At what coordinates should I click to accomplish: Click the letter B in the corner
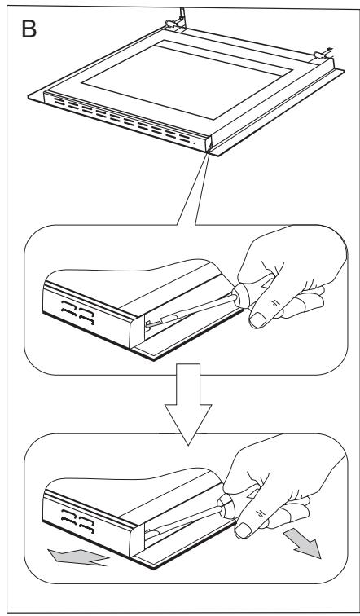29,29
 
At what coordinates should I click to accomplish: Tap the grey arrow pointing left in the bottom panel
77,557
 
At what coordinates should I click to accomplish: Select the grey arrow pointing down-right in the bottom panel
302,543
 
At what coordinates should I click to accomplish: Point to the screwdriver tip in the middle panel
147,324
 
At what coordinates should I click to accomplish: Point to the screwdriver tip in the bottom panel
148,533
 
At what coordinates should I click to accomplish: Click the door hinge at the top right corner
323,54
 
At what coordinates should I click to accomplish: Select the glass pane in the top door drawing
187,78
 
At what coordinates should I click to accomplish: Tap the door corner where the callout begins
209,147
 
